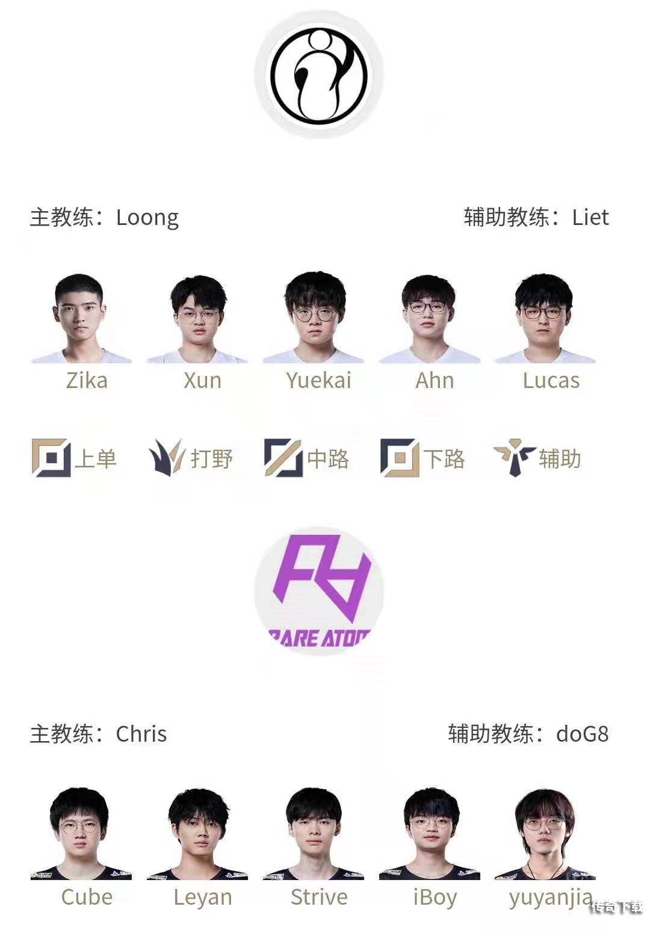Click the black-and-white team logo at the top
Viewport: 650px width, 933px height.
tap(318, 75)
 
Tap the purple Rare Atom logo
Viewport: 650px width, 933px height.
tap(318, 590)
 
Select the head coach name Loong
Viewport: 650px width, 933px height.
tap(147, 217)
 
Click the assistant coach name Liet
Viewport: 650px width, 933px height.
tap(590, 217)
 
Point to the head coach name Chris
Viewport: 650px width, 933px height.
tap(141, 734)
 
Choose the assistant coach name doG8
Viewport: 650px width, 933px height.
tap(582, 734)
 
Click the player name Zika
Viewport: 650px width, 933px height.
tap(87, 381)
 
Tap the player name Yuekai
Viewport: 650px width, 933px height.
tap(318, 381)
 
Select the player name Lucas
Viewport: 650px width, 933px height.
tap(551, 381)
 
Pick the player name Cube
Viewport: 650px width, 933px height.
tap(87, 897)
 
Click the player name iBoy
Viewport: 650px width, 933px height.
tap(435, 897)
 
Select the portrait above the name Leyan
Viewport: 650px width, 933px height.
tap(198, 833)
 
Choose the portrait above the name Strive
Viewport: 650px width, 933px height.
tap(314, 833)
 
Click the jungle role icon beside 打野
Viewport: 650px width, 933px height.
tap(166, 458)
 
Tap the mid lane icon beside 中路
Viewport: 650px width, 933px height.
tap(283, 458)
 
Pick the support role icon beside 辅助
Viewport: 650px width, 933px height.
tap(514, 458)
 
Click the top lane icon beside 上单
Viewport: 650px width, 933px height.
tap(51, 458)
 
